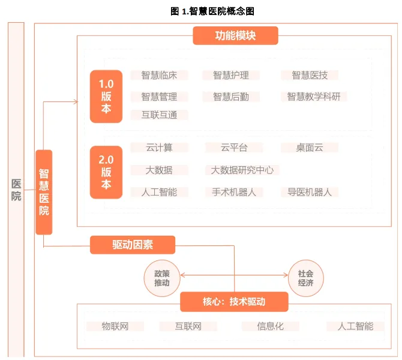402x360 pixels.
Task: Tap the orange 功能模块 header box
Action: [x=235, y=35]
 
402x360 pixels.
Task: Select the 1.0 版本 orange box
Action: [x=106, y=96]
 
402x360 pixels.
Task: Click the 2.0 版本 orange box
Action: [x=106, y=172]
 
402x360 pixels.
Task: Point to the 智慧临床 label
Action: [x=159, y=75]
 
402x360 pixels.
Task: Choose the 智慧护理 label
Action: [x=231, y=75]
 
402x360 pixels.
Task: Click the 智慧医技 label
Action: [x=310, y=75]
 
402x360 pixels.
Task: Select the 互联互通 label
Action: [x=159, y=115]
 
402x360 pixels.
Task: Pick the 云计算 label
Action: [x=159, y=148]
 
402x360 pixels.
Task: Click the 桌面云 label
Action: [x=310, y=148]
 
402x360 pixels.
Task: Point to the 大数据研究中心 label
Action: [x=242, y=170]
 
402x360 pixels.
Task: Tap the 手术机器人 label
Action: [x=234, y=192]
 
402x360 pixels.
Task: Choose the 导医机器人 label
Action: [x=310, y=192]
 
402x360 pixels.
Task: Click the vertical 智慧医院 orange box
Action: [x=44, y=192]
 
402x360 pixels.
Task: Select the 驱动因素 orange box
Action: [x=133, y=245]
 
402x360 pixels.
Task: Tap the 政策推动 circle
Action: [x=161, y=278]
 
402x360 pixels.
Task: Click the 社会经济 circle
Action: [x=306, y=278]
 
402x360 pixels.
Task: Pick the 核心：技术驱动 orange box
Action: [x=234, y=302]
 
